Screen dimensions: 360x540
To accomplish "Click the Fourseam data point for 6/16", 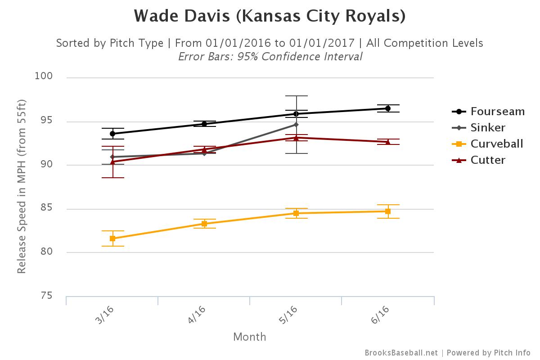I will pyautogui.click(x=388, y=108).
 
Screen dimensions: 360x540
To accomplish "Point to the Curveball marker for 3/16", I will pyautogui.click(x=112, y=238).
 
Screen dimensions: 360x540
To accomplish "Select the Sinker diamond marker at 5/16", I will pyautogui.click(x=296, y=125).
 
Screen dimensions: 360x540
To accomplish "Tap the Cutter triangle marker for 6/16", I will pyautogui.click(x=388, y=142).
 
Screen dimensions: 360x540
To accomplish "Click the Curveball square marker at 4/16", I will pyautogui.click(x=204, y=224).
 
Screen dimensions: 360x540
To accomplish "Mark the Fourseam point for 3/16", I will pyautogui.click(x=112, y=134).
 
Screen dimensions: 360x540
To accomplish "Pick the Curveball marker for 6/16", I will pyautogui.click(x=388, y=211).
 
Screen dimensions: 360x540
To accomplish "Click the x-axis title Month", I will pyautogui.click(x=250, y=337).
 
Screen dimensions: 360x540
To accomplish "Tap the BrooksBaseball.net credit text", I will pyautogui.click(x=401, y=353).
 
